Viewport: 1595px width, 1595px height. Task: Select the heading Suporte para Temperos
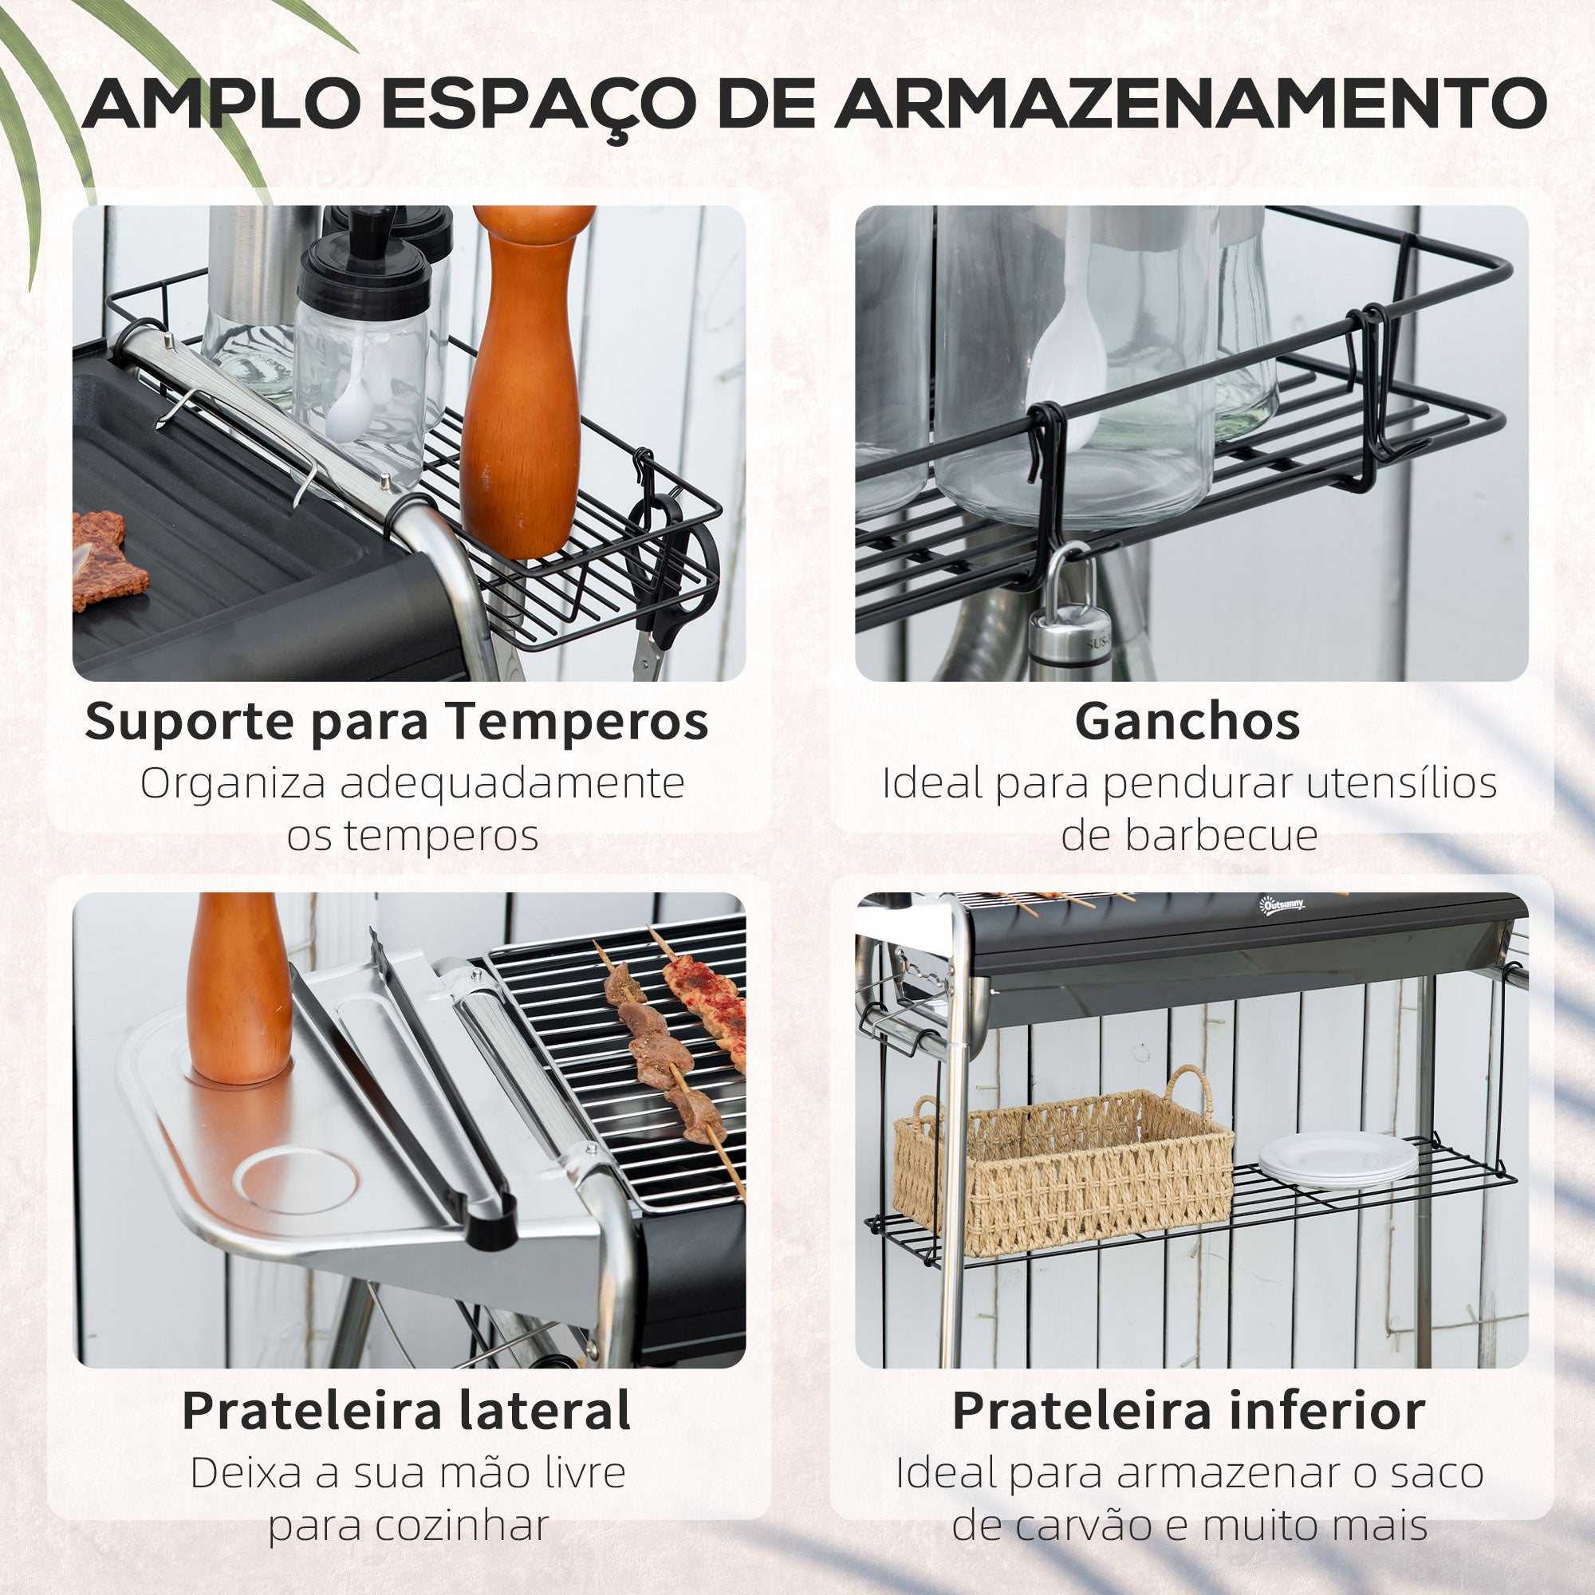[396, 722]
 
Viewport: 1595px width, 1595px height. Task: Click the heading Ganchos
[1187, 721]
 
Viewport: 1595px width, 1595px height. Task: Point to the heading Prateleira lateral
[406, 1410]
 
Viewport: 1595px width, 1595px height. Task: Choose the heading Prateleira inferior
[1188, 1410]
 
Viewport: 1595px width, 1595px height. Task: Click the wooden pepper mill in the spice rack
[526, 380]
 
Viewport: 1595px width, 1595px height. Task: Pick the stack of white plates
[1337, 1157]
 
